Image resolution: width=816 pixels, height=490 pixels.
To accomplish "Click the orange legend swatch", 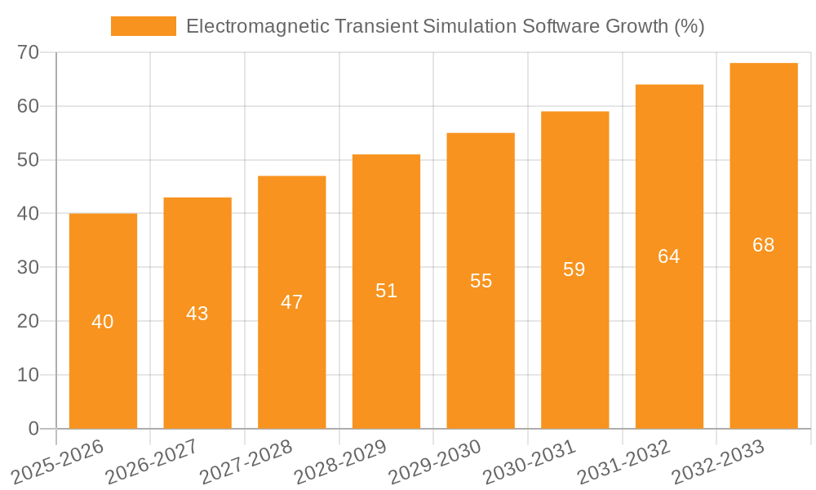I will pos(144,26).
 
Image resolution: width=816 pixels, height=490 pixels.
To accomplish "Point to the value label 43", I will pos(197,314).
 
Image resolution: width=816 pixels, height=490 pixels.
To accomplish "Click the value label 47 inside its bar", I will pos(291,302).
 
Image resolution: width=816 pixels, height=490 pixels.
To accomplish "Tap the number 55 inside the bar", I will pos(481,281).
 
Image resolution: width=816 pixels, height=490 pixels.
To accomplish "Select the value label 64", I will pos(668,256).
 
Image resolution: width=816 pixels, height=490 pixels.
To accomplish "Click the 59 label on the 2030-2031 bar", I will pos(574,269).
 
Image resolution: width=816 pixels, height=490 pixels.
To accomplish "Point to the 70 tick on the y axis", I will pos(29,52).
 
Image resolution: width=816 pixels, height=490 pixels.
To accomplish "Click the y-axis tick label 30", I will pos(29,267).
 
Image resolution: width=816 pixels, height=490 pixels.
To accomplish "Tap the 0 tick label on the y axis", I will pos(33,429).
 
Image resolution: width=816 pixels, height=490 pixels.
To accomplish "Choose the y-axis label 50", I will pos(29,160).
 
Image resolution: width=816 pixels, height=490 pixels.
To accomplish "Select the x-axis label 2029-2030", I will pos(435,461).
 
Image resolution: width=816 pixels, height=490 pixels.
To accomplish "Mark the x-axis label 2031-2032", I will pos(624,461).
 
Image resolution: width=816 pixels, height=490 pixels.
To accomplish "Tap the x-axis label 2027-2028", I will pos(246,461).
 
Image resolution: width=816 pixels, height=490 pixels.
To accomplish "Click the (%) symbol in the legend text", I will pos(690,26).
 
